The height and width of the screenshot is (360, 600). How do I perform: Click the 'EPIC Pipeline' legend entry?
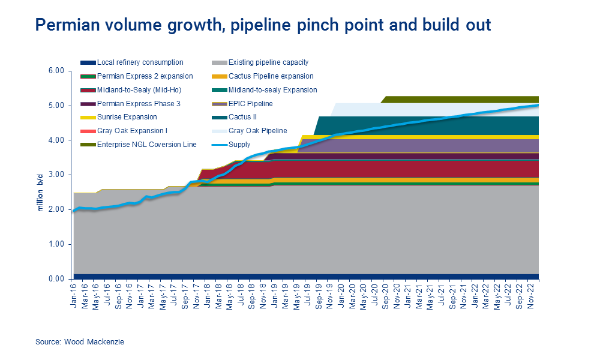pyautogui.click(x=250, y=104)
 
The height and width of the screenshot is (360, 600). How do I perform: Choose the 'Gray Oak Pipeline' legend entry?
pyautogui.click(x=257, y=131)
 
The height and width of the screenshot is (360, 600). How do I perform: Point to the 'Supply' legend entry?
pyautogui.click(x=239, y=145)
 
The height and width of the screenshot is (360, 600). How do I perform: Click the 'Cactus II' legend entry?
pyautogui.click(x=242, y=117)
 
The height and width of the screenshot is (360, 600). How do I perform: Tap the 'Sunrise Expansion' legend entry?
pyautogui.click(x=127, y=117)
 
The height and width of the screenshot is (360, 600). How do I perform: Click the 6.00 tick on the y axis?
pyautogui.click(x=56, y=71)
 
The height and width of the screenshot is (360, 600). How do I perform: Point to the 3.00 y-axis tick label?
pyautogui.click(x=56, y=175)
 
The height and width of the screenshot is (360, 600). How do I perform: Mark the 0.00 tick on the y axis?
pyautogui.click(x=56, y=279)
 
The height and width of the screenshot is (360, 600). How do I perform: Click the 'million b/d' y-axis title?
pyautogui.click(x=40, y=191)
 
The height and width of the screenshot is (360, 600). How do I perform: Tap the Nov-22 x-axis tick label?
pyautogui.click(x=532, y=295)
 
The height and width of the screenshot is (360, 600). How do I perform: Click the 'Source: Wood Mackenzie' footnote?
pyautogui.click(x=79, y=341)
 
